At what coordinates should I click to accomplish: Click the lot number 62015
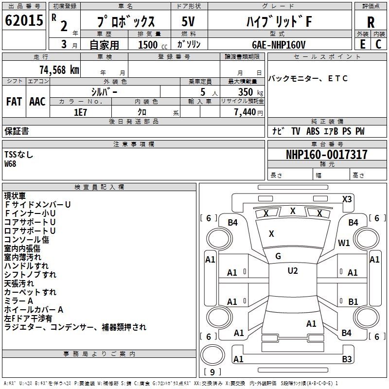pyautogui.click(x=23, y=20)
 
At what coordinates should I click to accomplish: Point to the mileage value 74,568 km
pyautogui.click(x=59, y=70)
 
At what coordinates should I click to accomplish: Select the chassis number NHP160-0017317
pyautogui.click(x=326, y=155)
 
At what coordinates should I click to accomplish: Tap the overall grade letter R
pyautogui.click(x=371, y=22)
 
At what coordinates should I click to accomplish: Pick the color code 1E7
pyautogui.click(x=80, y=112)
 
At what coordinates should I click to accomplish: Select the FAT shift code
pyautogui.click(x=14, y=102)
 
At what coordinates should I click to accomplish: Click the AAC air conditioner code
pyautogui.click(x=37, y=102)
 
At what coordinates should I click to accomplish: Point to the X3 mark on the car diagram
pyautogui.click(x=347, y=199)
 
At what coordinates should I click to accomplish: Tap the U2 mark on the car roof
pyautogui.click(x=292, y=271)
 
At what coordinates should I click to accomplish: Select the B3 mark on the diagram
pyautogui.click(x=347, y=359)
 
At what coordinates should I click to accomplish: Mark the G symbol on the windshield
pyautogui.click(x=278, y=256)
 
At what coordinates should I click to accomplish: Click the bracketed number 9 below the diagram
pyautogui.click(x=212, y=373)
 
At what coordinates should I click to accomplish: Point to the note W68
pyautogui.click(x=10, y=164)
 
